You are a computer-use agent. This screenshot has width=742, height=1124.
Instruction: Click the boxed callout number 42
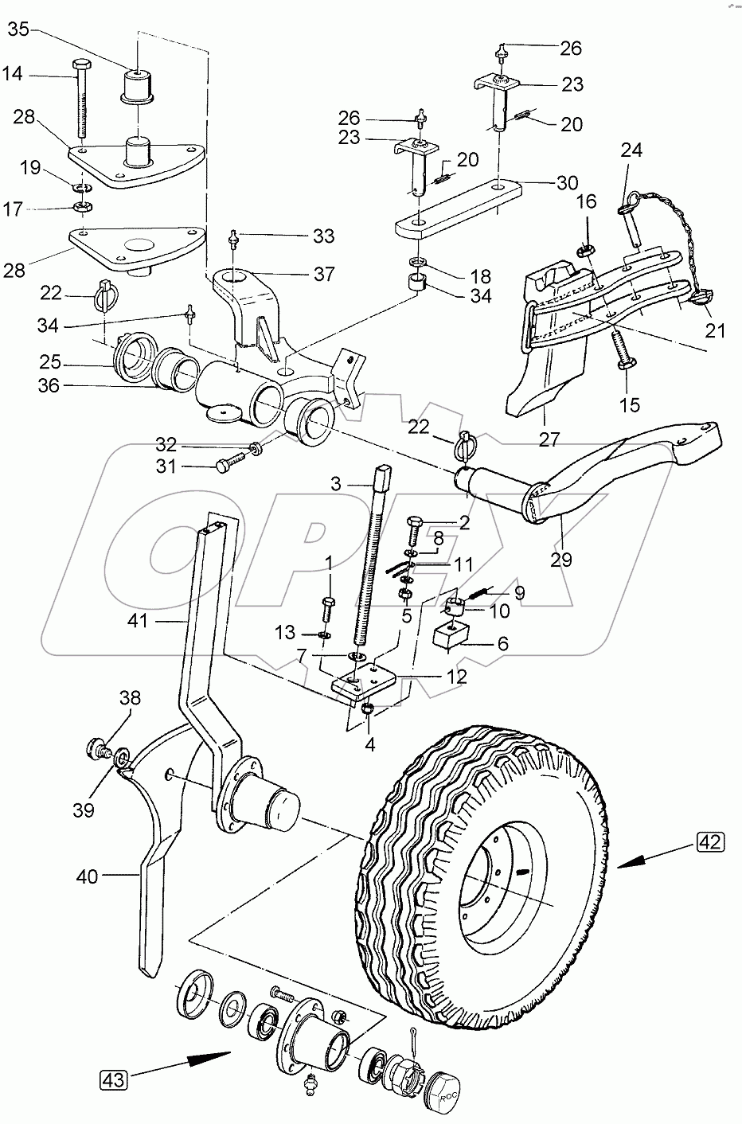(x=713, y=841)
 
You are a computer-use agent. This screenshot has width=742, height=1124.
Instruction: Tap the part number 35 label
(x=18, y=30)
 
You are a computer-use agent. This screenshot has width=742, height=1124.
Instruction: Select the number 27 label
(x=549, y=438)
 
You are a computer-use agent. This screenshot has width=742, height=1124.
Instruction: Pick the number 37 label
(x=324, y=275)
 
